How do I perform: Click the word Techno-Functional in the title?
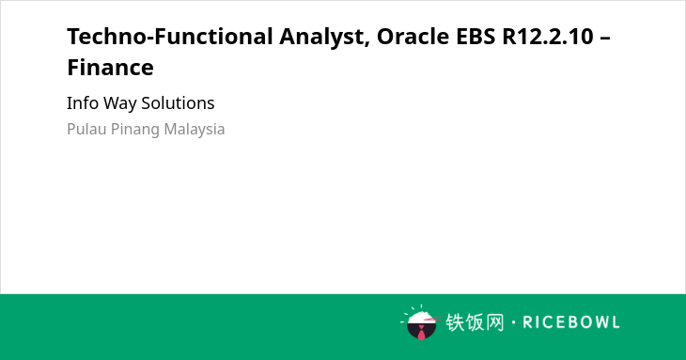170,36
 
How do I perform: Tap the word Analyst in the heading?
321,38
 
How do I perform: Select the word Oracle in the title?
413,36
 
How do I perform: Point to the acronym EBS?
476,36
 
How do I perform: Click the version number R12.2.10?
548,36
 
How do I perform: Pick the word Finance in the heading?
110,68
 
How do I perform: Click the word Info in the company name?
83,103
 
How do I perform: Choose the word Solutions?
178,103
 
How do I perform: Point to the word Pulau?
86,129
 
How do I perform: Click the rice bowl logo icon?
420,322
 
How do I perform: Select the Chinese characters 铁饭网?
475,322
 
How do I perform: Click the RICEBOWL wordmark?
571,322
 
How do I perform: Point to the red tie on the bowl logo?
421,333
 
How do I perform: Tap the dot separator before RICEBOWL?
513,322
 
